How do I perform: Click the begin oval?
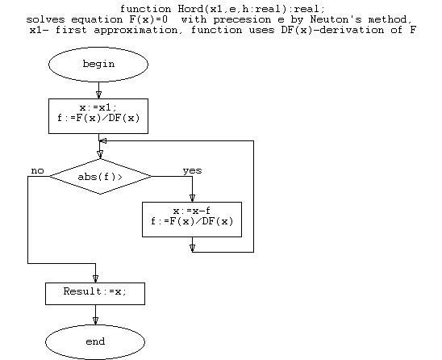(98, 65)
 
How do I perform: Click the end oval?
(95, 342)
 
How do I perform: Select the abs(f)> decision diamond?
(100, 177)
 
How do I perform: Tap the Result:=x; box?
(95, 294)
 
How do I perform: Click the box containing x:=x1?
(98, 116)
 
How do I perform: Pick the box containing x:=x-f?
(192, 220)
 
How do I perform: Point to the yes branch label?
(192, 170)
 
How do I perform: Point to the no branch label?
(37, 170)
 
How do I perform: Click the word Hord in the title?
(190, 9)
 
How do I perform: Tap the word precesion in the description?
(242, 19)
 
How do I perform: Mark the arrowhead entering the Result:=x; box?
(95, 278)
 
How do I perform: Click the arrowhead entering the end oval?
(95, 320)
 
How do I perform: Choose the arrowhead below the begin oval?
(98, 94)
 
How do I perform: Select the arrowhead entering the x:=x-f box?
(192, 198)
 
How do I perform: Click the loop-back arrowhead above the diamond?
(103, 140)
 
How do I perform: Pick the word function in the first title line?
(145, 9)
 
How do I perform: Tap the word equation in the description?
(97, 19)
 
